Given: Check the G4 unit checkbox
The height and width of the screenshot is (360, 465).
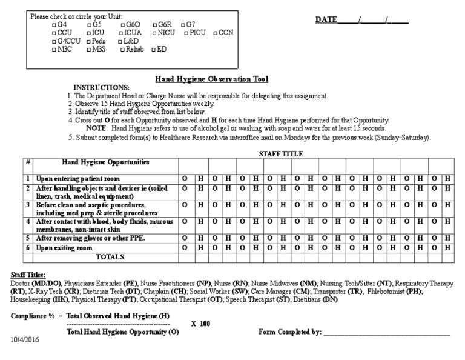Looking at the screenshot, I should pos(54,24).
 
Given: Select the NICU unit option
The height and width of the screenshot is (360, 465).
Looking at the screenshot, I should pos(155,32).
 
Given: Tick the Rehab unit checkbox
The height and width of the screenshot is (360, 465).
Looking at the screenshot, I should pos(122,49).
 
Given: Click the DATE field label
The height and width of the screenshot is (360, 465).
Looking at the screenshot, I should pos(326,20).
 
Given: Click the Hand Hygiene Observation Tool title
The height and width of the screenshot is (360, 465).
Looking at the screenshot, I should pos(211,79).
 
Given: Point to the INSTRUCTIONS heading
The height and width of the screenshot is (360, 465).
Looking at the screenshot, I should pos(101,87).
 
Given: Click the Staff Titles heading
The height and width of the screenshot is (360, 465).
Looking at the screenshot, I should pos(28,275).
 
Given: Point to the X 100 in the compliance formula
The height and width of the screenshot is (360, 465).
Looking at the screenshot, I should pos(200,324).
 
